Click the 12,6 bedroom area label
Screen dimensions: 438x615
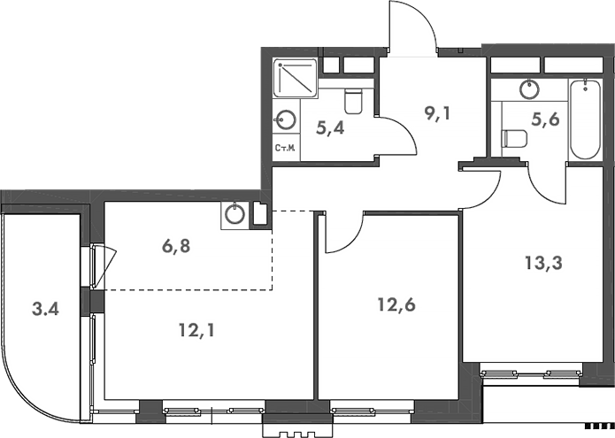pyautogui.click(x=394, y=305)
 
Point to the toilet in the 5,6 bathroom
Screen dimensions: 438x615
pyautogui.click(x=513, y=138)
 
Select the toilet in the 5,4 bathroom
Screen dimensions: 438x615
pyautogui.click(x=353, y=103)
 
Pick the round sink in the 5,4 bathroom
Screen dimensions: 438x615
pyautogui.click(x=286, y=119)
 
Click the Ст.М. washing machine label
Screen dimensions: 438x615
pyautogui.click(x=285, y=149)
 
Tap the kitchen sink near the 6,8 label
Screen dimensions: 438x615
pyautogui.click(x=234, y=213)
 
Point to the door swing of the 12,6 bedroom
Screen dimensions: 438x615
pyautogui.click(x=343, y=232)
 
